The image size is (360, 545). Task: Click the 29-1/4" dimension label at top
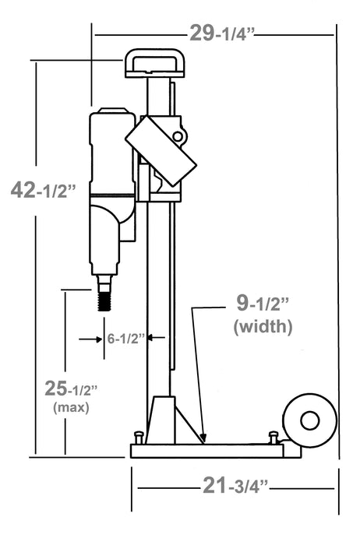[x=222, y=33]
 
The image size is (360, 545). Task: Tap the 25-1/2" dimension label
[x=70, y=388]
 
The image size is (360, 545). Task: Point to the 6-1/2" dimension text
[x=125, y=338]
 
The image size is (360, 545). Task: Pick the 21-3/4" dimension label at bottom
[x=235, y=487]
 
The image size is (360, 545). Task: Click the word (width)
[x=263, y=327]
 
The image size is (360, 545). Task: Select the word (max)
[x=70, y=406]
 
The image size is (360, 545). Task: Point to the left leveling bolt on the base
[x=139, y=438]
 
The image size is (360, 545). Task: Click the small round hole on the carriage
[x=178, y=137]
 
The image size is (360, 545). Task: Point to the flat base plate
[x=210, y=450]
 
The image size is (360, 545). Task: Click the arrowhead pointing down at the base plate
[x=203, y=438]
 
